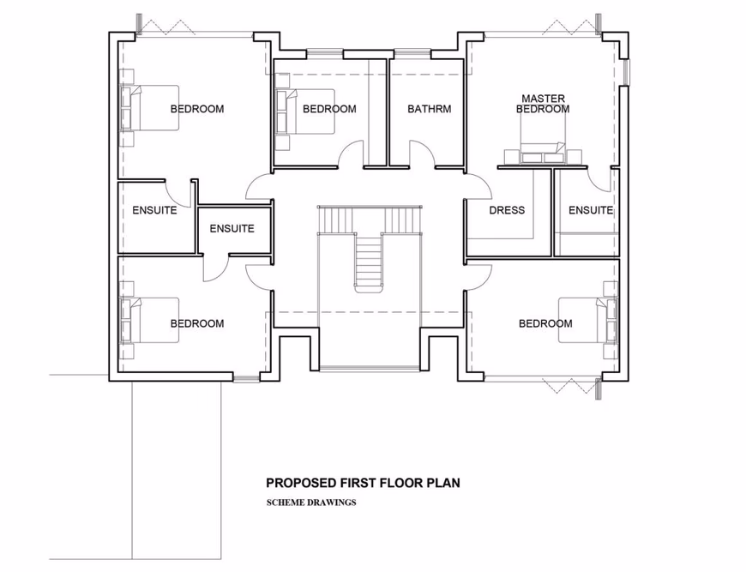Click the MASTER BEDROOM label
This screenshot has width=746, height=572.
tap(543, 104)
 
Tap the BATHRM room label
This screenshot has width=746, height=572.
tap(429, 109)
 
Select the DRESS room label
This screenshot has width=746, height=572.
tap(506, 210)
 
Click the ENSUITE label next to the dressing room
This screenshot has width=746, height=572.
tap(591, 210)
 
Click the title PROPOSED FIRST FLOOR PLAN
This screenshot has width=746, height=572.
tap(363, 483)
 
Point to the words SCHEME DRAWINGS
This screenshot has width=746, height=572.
tap(310, 503)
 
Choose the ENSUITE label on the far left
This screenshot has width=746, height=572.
tap(154, 210)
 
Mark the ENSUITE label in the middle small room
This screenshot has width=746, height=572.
tap(232, 229)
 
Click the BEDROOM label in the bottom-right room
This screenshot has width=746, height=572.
tap(544, 323)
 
